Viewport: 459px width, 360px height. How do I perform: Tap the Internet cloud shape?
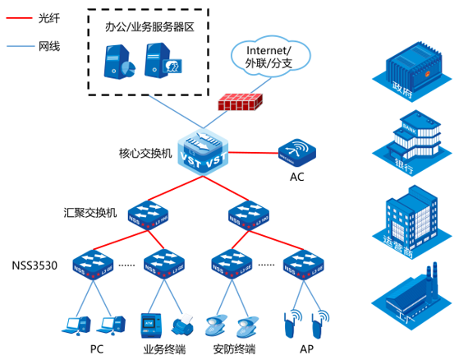[x=268, y=54]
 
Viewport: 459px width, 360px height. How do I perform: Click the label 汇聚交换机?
[x=91, y=212]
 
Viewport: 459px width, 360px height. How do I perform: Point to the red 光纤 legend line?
[x=17, y=16]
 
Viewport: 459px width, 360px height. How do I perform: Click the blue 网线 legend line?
[x=17, y=46]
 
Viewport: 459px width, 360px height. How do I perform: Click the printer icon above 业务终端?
[x=184, y=323]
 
